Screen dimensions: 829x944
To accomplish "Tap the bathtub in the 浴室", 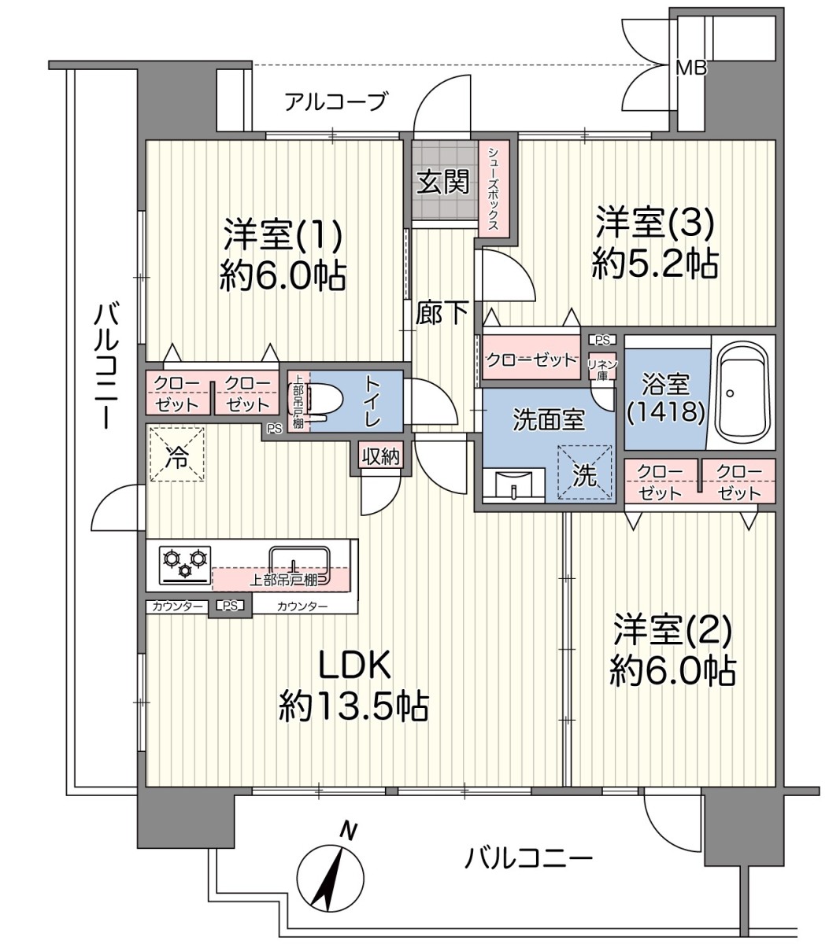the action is pyautogui.click(x=742, y=393).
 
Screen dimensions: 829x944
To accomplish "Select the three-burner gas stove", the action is pyautogui.click(x=185, y=565).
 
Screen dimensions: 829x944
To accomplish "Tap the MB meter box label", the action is pyautogui.click(x=691, y=68).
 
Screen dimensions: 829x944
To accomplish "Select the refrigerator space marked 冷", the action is pyautogui.click(x=177, y=454).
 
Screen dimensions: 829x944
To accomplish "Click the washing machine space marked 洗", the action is pyautogui.click(x=585, y=473).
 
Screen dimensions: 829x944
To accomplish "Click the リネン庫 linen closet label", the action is pyautogui.click(x=602, y=370).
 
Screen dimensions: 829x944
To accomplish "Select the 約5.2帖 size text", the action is pyautogui.click(x=655, y=264).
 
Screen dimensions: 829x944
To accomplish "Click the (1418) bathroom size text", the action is pyautogui.click(x=665, y=411).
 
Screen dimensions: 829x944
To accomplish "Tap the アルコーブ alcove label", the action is pyautogui.click(x=335, y=101).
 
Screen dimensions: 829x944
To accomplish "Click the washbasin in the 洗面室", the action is pyautogui.click(x=514, y=485).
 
